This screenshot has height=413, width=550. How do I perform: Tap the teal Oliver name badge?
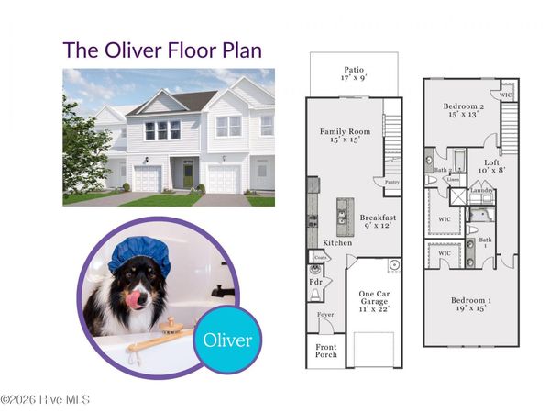pos(226,340)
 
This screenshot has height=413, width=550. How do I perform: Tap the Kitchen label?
pos(338,243)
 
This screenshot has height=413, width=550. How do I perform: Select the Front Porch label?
pos(326,351)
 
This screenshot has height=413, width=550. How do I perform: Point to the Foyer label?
pos(325,315)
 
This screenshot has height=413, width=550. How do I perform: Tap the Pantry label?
pos(392,183)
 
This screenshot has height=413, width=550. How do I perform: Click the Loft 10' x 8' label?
pos(492,166)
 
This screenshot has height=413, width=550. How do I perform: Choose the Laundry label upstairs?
pos(481,191)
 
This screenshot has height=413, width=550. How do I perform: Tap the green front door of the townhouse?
pos(188,173)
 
